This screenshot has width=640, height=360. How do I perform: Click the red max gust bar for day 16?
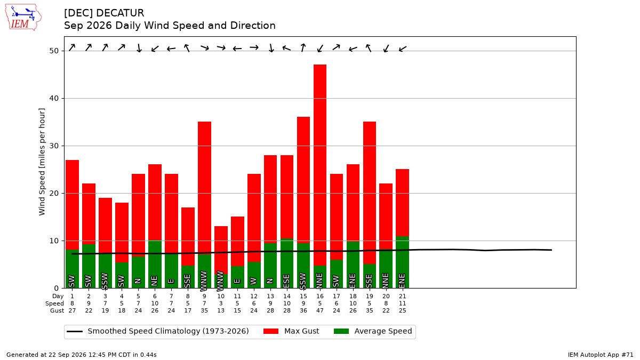tap(319, 165)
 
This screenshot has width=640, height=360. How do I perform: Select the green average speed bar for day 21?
tap(402, 262)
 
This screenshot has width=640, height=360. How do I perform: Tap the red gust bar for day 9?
tap(204, 188)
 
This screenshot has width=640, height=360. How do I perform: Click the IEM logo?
tap(23, 17)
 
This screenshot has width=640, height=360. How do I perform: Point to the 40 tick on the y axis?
tap(54, 98)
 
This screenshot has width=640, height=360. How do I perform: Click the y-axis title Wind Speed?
tap(42, 162)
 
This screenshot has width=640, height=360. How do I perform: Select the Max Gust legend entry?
tap(291, 331)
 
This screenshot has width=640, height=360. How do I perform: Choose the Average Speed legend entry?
tap(373, 331)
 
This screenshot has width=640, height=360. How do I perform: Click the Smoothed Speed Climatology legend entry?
tap(157, 331)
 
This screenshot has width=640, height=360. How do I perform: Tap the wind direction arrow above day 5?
tap(139, 48)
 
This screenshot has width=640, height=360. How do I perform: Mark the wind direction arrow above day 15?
tap(303, 47)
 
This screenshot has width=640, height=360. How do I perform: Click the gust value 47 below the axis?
tap(319, 310)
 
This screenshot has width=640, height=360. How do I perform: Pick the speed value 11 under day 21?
tap(402, 303)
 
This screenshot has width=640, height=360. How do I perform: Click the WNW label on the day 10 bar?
tap(220, 281)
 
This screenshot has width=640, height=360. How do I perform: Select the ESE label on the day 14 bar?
tap(286, 281)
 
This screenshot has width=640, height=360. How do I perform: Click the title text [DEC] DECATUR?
tap(104, 13)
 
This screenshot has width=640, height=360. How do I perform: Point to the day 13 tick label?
tap(270, 297)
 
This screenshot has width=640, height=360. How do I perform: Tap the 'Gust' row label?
tap(57, 310)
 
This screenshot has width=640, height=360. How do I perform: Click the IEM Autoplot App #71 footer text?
tap(601, 355)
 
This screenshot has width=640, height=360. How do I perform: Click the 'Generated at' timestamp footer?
tap(82, 355)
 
